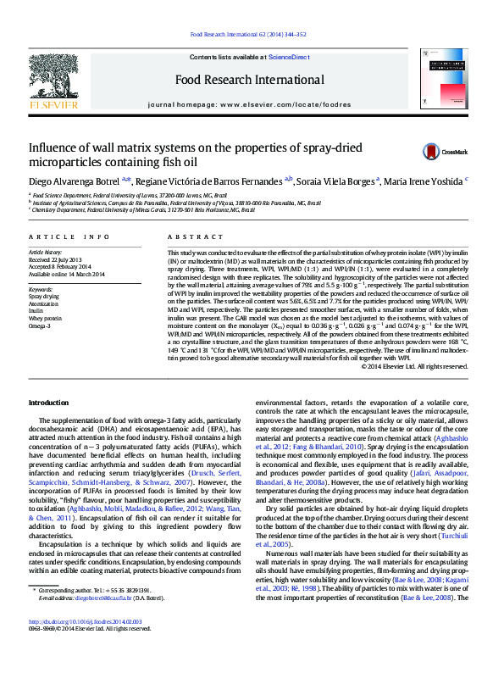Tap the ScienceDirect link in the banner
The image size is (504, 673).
point(288,56)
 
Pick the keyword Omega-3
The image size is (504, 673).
point(39,325)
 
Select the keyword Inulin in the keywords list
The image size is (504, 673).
point(36,311)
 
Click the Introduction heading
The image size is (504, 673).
point(49,401)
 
